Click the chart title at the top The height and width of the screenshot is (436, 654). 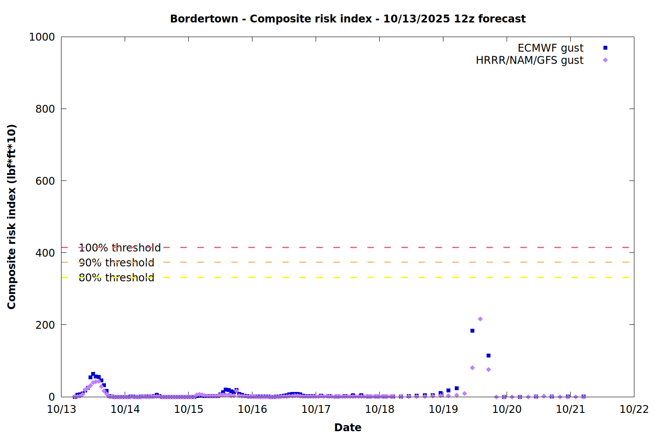coord(347,19)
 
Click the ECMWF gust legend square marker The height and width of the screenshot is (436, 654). coord(605,48)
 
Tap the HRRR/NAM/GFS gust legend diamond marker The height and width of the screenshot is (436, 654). coord(605,60)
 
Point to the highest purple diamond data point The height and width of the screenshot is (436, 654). coord(480,319)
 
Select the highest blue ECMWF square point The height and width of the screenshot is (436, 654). coord(472,331)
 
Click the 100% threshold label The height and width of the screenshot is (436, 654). coord(119,248)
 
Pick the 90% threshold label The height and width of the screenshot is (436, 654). coord(116,262)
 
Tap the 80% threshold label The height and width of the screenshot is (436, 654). coord(116,278)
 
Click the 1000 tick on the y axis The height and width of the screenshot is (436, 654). coord(42,37)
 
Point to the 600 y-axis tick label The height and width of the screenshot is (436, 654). coord(45,181)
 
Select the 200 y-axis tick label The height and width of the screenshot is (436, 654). coord(45,325)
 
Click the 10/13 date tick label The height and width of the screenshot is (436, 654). coord(61,409)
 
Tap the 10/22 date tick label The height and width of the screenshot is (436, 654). coord(634,409)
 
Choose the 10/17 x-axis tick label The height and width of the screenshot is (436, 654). coord(316,409)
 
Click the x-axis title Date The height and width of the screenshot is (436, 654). coord(347,427)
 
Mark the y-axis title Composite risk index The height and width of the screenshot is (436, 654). coord(12,217)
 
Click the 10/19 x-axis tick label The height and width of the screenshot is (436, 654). coord(443,409)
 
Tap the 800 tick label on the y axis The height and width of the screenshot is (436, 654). coord(45,109)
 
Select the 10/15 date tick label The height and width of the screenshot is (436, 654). coord(189,409)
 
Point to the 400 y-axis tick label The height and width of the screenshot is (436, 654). coord(45,253)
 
